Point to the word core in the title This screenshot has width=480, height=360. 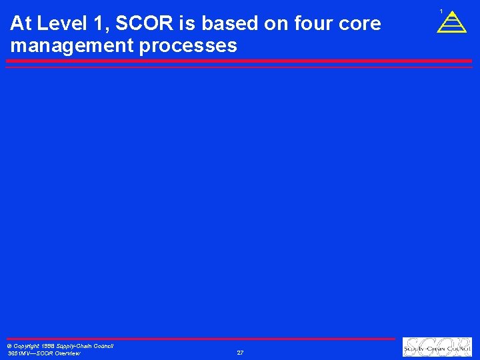361,24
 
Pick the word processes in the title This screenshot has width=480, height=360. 192,46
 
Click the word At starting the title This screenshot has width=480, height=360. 21,24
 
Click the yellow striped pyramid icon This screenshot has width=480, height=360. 451,23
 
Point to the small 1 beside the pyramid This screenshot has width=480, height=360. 441,11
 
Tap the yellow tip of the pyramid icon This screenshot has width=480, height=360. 451,13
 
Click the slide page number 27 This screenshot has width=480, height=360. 240,353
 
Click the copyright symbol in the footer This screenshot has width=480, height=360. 9,346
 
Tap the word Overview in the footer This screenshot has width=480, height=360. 67,353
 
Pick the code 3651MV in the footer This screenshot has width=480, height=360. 17,353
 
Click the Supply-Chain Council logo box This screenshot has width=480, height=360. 437,347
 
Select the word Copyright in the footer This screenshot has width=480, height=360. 27,346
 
